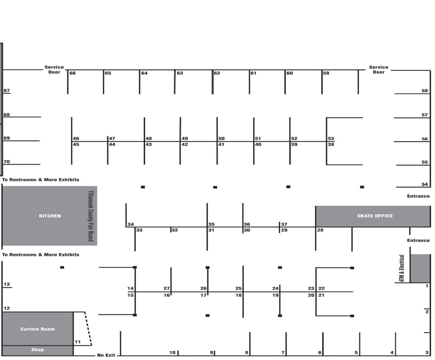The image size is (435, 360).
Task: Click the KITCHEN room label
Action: [x=50, y=216]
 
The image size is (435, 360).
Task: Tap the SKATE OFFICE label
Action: [x=375, y=216]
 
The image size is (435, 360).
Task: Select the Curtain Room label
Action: [x=38, y=329]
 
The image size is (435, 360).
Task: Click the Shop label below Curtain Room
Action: [x=38, y=349]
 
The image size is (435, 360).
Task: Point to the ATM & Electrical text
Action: [x=402, y=268]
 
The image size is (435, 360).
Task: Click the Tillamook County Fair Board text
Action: [x=90, y=216]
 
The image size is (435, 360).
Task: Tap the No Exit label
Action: [x=106, y=355]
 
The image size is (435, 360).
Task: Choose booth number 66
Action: [x=72, y=73]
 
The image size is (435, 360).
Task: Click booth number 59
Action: [x=326, y=73]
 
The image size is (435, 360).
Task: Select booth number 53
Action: [x=331, y=139]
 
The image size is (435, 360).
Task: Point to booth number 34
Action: [x=130, y=224]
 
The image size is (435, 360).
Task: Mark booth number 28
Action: [x=320, y=230]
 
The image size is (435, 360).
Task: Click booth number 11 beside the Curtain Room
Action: [x=77, y=342]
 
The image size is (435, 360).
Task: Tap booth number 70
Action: [x=7, y=162]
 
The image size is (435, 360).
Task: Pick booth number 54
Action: [x=424, y=184]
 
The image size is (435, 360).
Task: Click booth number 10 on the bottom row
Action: [x=172, y=352]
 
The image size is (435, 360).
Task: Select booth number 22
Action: [x=322, y=288]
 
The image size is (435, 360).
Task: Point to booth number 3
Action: [x=427, y=352]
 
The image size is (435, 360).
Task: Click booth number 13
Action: [x=7, y=284]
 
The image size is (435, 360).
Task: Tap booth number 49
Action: [x=185, y=139]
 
